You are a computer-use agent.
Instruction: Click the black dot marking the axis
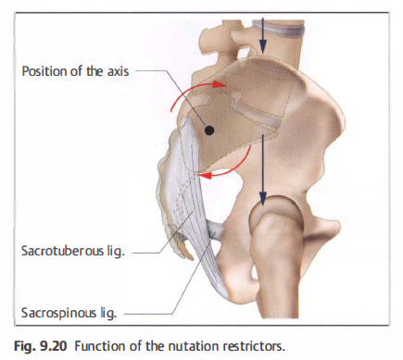coord(209,130)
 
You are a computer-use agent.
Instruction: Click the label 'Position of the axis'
coord(75,71)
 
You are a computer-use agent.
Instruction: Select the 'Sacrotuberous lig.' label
coord(73,251)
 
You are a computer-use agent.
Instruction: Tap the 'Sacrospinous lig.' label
coord(69,313)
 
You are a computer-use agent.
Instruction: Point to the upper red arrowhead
coord(220,84)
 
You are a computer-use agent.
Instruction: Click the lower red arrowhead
coord(206,176)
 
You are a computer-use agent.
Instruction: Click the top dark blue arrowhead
coord(262,47)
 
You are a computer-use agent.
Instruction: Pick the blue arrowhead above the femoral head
coord(262,198)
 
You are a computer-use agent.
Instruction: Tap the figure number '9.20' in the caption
coord(54,346)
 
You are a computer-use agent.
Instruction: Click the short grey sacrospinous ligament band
coord(215,231)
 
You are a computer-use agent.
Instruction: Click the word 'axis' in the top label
coord(118,71)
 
